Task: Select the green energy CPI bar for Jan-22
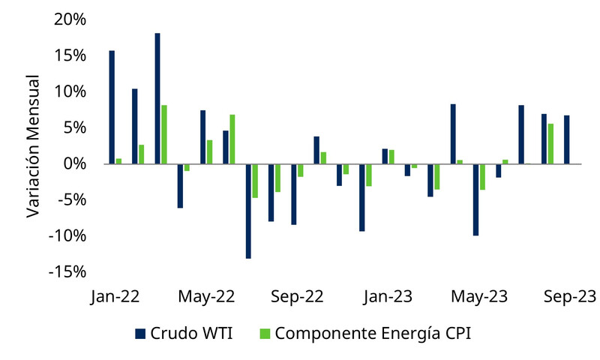118,161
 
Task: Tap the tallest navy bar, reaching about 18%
157,98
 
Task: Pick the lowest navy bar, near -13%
248,211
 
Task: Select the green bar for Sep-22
301,170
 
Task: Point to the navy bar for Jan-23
385,156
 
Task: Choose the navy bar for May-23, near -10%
475,199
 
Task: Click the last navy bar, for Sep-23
566,139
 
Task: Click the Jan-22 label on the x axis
115,297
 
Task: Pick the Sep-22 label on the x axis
297,297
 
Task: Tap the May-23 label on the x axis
479,297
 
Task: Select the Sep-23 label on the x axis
570,297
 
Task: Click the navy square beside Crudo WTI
140,333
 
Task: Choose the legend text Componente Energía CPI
373,333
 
